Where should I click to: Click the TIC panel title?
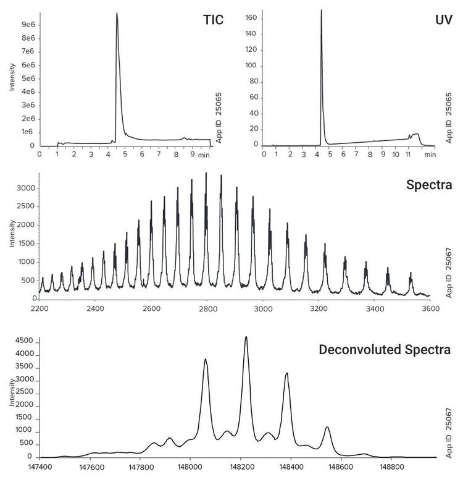tap(213, 19)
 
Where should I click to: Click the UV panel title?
tap(443, 19)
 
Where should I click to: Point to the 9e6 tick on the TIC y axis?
tap(27, 25)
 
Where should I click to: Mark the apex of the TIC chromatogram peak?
tap(117, 14)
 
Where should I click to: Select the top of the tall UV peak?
tap(321, 10)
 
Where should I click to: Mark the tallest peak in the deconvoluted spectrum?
tap(246, 337)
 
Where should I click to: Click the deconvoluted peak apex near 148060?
tap(206, 360)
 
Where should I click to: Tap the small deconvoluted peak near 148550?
tap(327, 427)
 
